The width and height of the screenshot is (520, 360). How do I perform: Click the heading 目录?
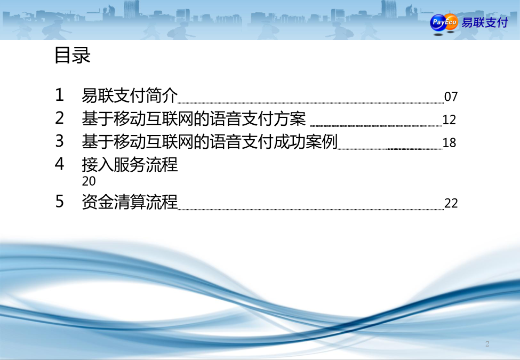tap(73, 55)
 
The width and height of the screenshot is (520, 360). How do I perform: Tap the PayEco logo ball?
tap(444, 23)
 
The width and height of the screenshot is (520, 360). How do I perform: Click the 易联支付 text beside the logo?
tap(484, 22)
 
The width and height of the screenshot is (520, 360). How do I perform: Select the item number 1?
tap(59, 95)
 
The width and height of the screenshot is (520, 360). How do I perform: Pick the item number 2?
tap(59, 118)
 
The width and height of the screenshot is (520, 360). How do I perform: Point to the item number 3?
tap(59, 141)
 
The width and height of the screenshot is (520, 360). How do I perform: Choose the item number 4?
tap(59, 164)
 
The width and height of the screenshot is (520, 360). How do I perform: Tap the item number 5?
tap(59, 202)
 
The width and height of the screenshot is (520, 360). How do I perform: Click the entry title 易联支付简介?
tap(130, 95)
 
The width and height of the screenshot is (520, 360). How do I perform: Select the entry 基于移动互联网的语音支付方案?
tap(194, 119)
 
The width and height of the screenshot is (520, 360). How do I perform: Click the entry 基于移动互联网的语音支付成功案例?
tap(210, 141)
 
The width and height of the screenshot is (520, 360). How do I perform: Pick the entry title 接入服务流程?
tap(130, 164)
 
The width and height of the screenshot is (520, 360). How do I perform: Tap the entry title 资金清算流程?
tap(130, 202)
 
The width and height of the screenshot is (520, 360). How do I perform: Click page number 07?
tap(451, 97)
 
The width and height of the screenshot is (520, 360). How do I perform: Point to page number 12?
tap(449, 120)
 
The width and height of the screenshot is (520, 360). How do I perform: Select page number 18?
tap(449, 143)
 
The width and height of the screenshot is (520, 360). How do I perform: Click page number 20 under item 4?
tap(89, 181)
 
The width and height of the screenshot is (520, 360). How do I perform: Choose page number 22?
tap(451, 203)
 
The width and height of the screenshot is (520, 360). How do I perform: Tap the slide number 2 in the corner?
tap(487, 344)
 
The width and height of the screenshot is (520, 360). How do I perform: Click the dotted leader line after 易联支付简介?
tap(311, 103)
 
